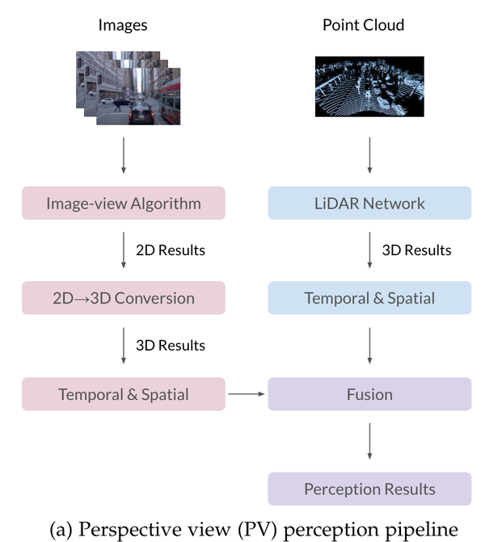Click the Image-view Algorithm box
click(123, 203)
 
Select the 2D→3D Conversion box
click(123, 298)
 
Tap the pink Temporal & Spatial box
click(123, 394)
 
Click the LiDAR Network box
click(369, 203)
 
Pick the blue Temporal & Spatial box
click(369, 298)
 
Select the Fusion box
click(369, 394)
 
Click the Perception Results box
click(369, 489)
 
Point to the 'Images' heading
click(123, 25)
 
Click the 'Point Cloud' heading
click(363, 25)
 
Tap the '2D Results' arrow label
click(171, 250)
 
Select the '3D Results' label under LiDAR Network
click(416, 250)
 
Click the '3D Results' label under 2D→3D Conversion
click(171, 346)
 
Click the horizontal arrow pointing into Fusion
click(246, 394)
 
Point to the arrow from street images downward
click(123, 155)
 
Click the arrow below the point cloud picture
click(369, 155)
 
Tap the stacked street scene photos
click(128, 87)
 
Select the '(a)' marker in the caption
click(63, 529)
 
